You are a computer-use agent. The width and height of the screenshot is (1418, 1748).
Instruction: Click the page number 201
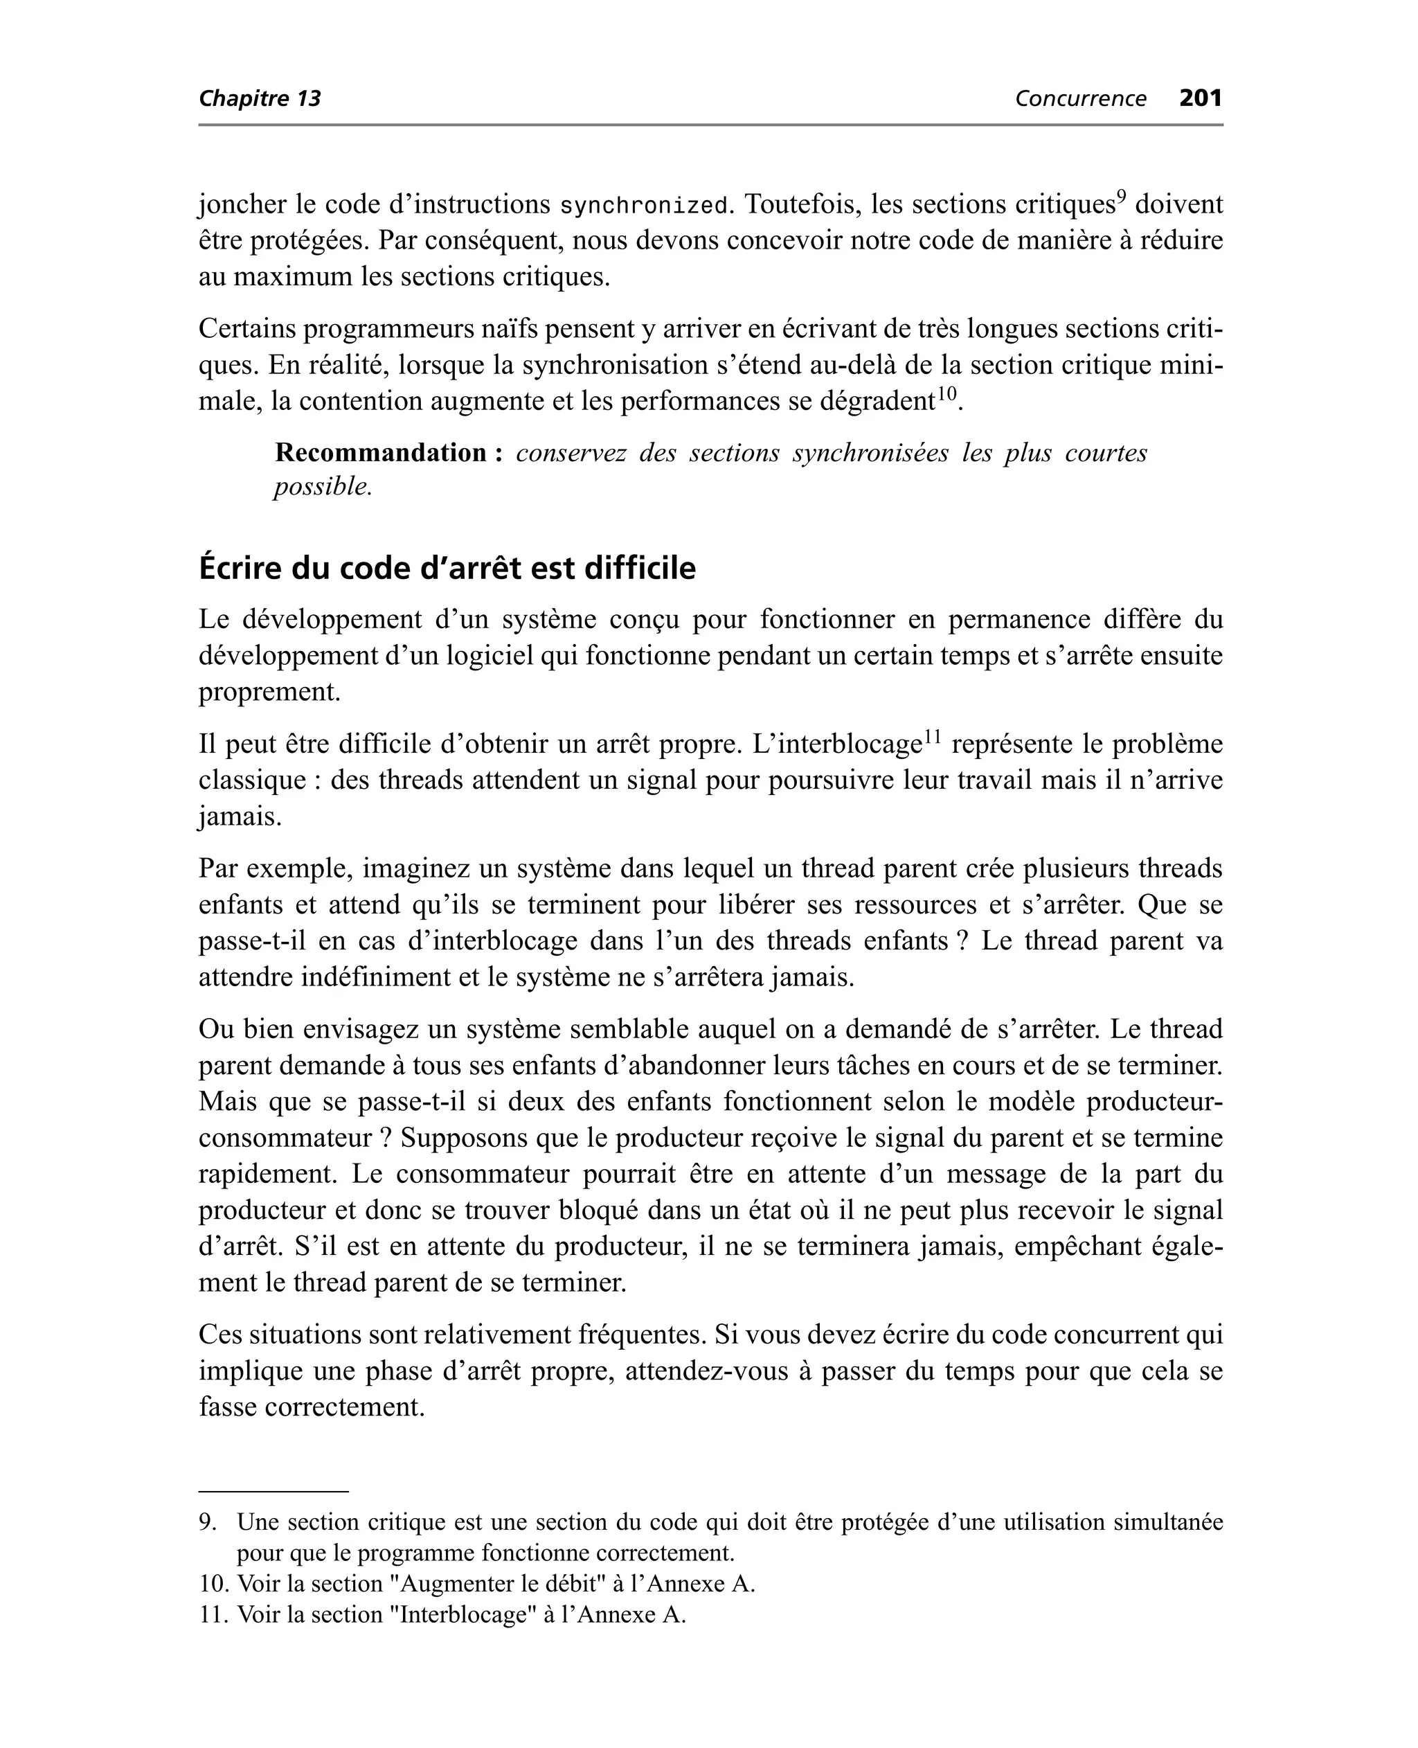[1200, 98]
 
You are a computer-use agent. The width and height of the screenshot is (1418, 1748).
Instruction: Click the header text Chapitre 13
[260, 99]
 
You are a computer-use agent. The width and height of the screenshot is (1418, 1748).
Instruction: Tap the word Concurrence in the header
[1080, 99]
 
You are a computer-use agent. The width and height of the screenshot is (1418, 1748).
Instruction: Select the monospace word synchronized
[643, 206]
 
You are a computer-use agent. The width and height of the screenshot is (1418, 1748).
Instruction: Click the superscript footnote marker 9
[1122, 196]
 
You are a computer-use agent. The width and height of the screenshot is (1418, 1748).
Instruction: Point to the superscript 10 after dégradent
[946, 393]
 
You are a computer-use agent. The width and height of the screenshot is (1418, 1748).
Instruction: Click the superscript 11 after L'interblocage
[931, 737]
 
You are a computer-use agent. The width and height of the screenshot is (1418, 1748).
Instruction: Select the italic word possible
[322, 487]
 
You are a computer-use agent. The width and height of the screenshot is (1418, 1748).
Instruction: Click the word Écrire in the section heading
[241, 568]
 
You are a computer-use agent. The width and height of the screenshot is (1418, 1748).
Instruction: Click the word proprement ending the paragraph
[269, 692]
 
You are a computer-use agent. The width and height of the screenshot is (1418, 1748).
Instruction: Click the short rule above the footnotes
[273, 1492]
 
